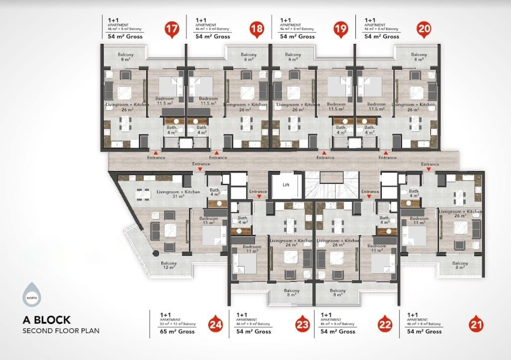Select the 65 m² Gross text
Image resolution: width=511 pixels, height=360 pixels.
point(177,331)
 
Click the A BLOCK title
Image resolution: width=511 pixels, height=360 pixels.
point(47,320)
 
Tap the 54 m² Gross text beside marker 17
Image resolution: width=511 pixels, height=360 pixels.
point(125,36)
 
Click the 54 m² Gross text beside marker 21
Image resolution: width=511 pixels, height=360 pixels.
point(424,331)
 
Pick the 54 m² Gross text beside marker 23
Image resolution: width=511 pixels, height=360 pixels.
point(254,331)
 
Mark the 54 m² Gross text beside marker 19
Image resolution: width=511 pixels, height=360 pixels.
point(297,36)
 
